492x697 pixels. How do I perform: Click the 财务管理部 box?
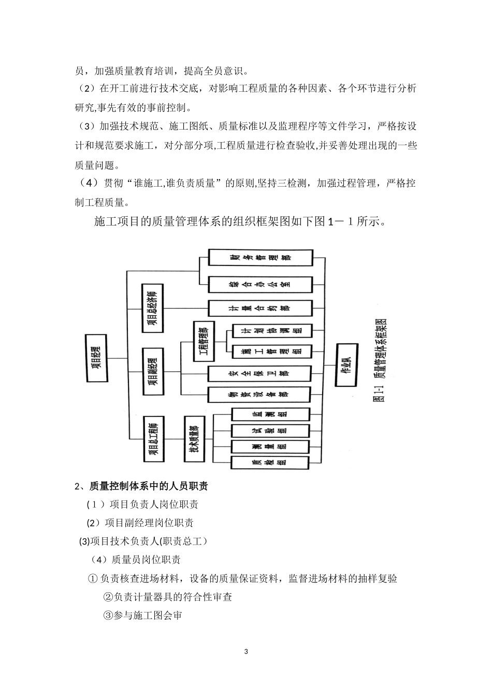click(x=260, y=258)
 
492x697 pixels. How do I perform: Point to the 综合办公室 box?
click(x=260, y=284)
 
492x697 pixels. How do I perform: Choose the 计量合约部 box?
click(x=260, y=308)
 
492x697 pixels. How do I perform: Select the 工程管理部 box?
click(x=202, y=342)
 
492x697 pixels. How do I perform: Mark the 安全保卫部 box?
click(x=260, y=373)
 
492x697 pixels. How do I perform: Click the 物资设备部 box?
click(x=260, y=395)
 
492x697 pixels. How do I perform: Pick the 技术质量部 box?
click(x=193, y=438)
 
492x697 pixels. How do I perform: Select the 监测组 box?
click(x=270, y=414)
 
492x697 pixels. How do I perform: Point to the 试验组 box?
click(x=270, y=430)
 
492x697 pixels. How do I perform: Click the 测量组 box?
click(x=270, y=447)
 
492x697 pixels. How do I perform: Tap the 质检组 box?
click(x=270, y=463)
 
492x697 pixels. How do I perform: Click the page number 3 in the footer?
click(x=246, y=651)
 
